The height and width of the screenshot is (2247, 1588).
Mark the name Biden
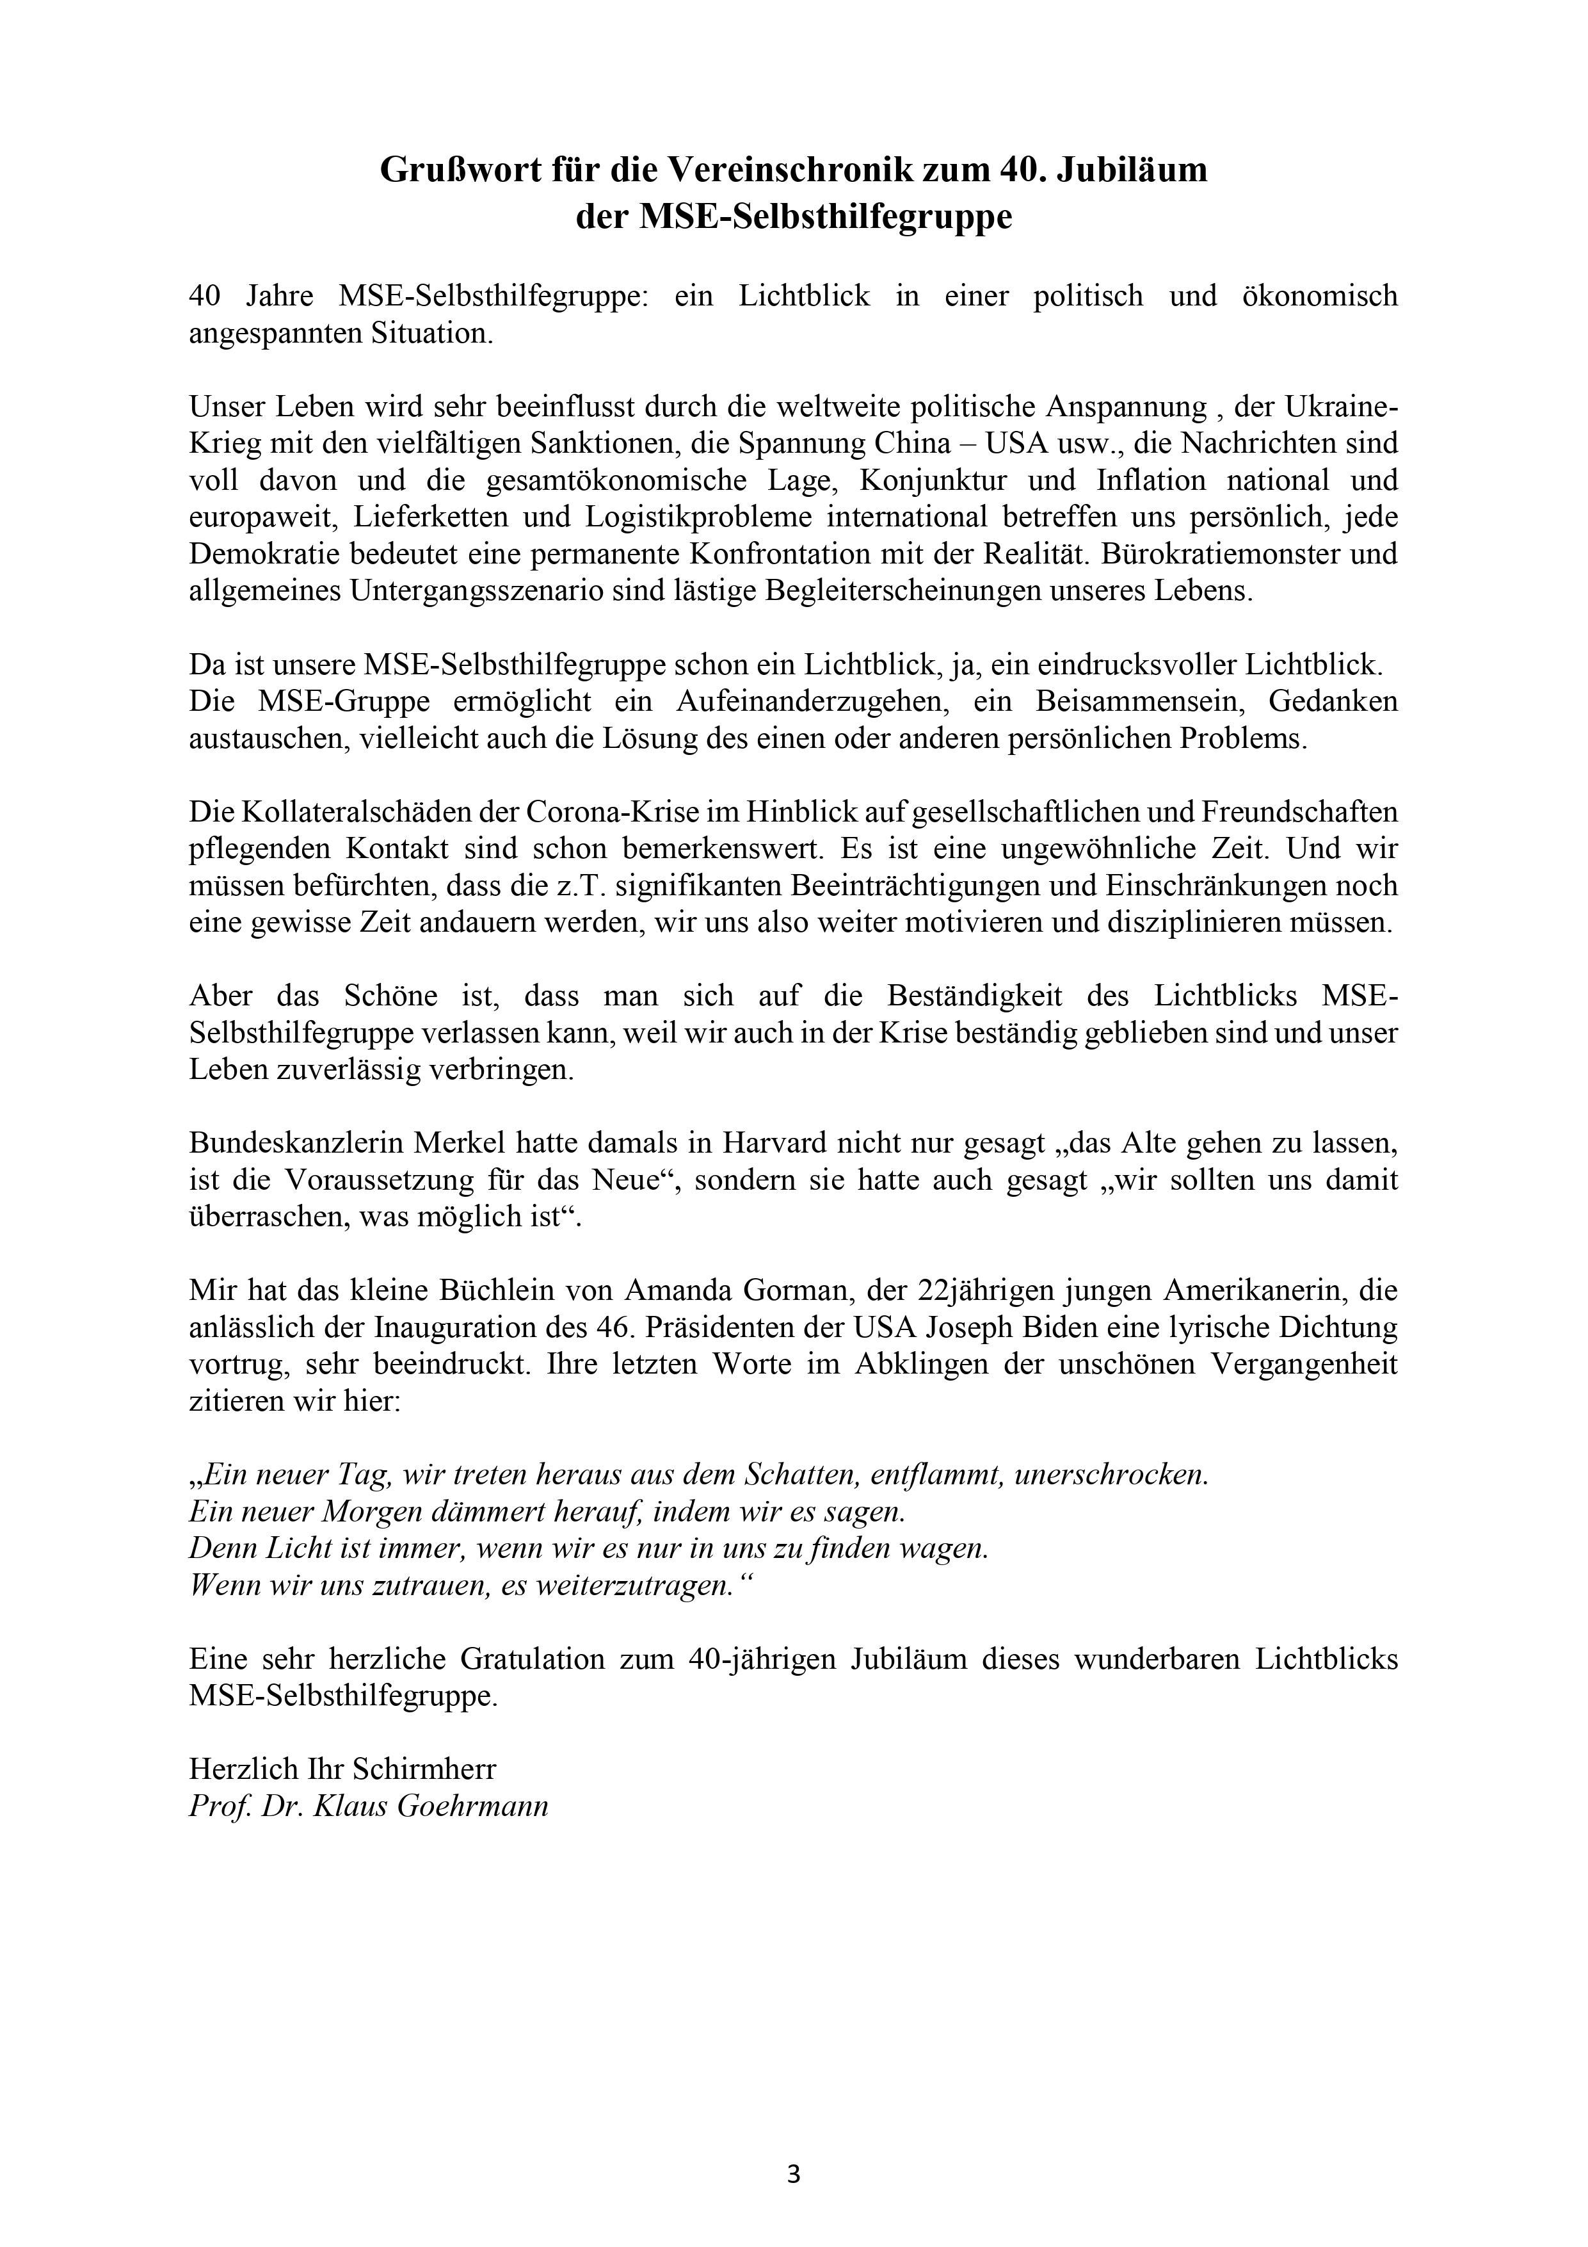click(x=1062, y=1327)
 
